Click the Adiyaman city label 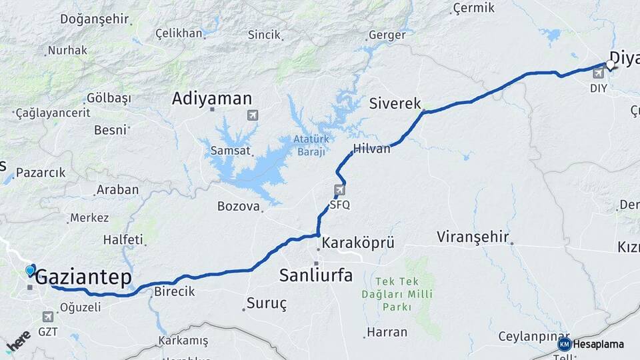(x=211, y=99)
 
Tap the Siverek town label (x=395, y=103)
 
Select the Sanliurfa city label (x=316, y=275)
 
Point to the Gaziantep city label (x=83, y=278)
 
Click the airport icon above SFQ (x=340, y=191)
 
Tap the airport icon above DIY (x=598, y=73)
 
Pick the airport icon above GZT (x=47, y=317)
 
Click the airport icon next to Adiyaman (x=253, y=115)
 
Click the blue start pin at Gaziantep (x=31, y=270)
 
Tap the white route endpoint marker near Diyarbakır (x=610, y=64)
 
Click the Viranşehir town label (x=473, y=237)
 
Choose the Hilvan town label (x=372, y=149)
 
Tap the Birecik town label (x=174, y=291)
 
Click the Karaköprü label (x=357, y=243)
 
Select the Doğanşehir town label (x=93, y=19)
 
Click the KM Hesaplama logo (x=591, y=344)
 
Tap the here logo (x=18, y=340)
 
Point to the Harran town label (x=387, y=331)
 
